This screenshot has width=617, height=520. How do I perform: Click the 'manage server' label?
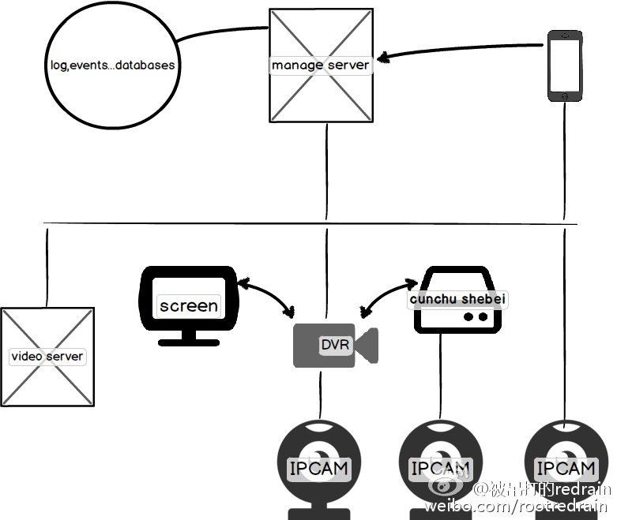[320, 65]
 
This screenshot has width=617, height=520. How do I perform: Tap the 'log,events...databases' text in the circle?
[108, 65]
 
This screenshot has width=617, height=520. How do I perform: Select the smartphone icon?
[565, 65]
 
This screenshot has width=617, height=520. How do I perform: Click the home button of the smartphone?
[565, 95]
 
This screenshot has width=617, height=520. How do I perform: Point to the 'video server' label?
[47, 357]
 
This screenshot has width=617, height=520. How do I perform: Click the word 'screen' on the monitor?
[188, 305]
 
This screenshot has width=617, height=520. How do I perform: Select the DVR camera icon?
[335, 346]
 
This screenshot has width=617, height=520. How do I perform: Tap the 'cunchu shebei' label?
[457, 300]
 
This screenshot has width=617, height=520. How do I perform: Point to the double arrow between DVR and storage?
[387, 294]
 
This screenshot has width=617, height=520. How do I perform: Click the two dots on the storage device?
[474, 317]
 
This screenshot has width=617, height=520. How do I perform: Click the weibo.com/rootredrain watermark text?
[517, 506]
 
